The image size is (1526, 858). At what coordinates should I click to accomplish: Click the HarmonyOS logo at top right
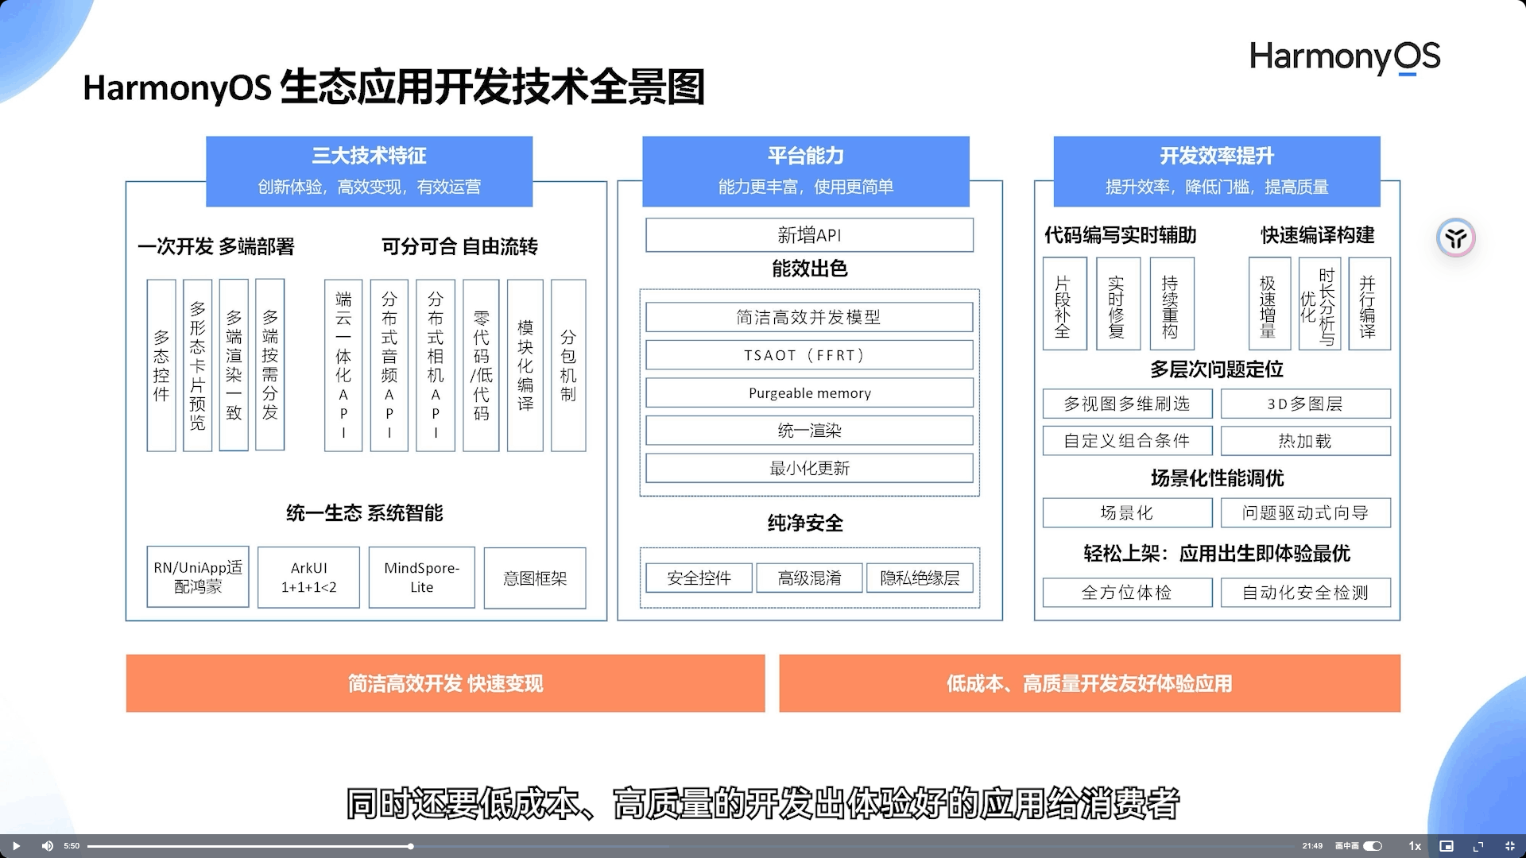(x=1345, y=57)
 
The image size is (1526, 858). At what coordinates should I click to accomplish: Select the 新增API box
(x=809, y=235)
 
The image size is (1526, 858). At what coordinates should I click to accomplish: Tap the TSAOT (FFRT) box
(x=809, y=355)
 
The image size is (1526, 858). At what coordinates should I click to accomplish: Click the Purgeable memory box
(x=809, y=393)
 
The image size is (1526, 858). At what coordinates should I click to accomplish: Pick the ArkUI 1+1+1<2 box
(x=308, y=578)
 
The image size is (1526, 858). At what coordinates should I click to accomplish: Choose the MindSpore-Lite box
(x=421, y=578)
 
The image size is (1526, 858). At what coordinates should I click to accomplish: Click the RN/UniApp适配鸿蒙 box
(x=198, y=578)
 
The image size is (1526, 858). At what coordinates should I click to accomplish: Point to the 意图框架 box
(x=535, y=578)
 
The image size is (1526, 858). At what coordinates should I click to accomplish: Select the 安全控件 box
(x=699, y=578)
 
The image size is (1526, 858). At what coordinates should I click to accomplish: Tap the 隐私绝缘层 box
(x=920, y=578)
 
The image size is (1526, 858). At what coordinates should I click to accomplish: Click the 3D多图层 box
(x=1305, y=404)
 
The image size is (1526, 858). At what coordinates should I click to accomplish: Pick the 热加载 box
(x=1305, y=441)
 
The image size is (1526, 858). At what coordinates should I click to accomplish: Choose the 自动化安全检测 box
(x=1305, y=593)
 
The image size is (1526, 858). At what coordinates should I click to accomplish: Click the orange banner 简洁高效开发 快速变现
(x=445, y=683)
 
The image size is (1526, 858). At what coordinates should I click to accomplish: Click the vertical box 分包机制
(x=568, y=365)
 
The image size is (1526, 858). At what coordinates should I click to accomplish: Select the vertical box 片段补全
(x=1063, y=304)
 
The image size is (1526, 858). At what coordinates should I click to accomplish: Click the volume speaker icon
(x=47, y=846)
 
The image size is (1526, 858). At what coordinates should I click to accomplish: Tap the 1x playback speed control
(x=1415, y=846)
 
